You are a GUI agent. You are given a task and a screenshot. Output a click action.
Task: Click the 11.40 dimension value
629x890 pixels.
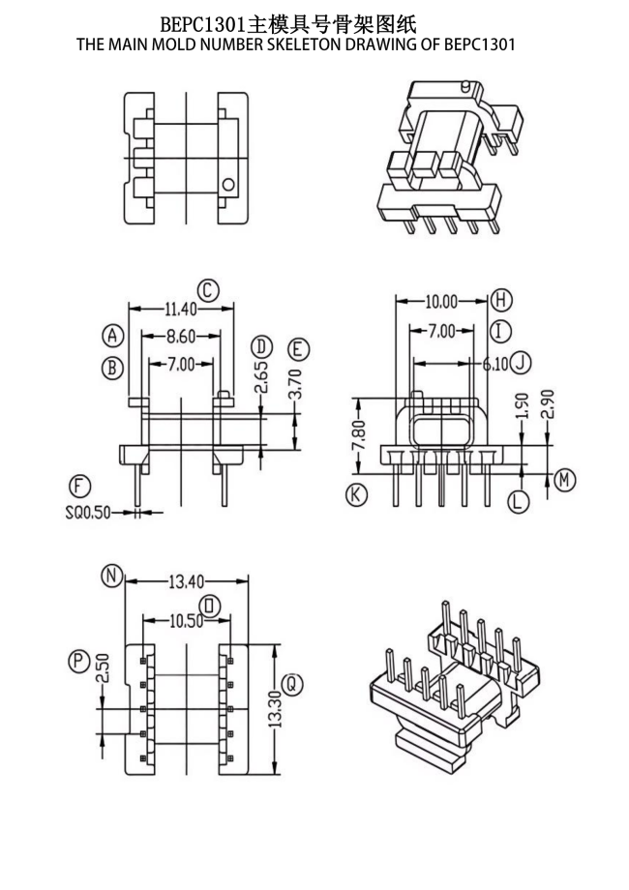(181, 310)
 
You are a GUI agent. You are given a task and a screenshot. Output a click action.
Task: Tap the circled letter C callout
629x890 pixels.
(208, 290)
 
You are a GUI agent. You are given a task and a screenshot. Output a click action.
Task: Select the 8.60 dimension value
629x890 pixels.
(181, 337)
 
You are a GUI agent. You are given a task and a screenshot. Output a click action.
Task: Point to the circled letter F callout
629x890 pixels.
(79, 487)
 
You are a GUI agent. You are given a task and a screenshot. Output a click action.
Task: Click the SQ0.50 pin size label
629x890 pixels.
(88, 513)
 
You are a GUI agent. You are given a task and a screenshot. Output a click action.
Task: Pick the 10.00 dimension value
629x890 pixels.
(441, 302)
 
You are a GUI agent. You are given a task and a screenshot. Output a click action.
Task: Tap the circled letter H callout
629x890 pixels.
(500, 299)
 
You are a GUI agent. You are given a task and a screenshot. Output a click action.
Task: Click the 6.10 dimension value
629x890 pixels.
(495, 364)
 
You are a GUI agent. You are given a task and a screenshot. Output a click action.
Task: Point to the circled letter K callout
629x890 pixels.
(356, 495)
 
